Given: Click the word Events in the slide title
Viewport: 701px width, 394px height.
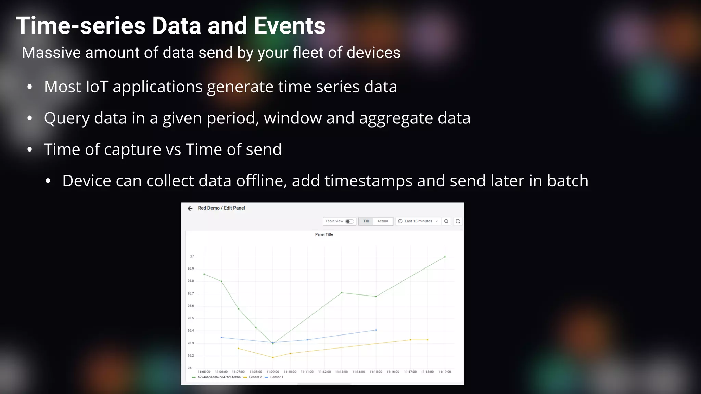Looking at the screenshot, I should pos(290,26).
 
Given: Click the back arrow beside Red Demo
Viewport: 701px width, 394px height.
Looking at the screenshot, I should pos(190,208).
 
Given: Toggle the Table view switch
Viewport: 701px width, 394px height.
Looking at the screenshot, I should pos(349,221).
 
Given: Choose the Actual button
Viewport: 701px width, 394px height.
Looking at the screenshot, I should pos(382,221).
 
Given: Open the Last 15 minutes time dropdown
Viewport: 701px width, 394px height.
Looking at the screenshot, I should pos(418,221).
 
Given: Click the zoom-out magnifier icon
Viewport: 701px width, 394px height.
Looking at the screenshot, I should pos(446,221).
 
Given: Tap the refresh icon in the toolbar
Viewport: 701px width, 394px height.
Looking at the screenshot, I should pos(458,221).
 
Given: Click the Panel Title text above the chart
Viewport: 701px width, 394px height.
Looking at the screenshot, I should pos(324,235).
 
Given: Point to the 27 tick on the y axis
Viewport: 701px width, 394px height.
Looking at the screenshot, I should pos(192,256).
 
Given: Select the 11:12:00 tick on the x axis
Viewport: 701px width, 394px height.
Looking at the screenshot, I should pos(324,372).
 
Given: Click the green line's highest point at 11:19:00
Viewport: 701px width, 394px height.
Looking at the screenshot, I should pos(445,257).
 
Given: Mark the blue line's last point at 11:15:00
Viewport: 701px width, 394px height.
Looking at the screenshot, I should pos(376,330).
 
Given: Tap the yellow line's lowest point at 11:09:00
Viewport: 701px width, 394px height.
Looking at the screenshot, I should pos(273,357).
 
